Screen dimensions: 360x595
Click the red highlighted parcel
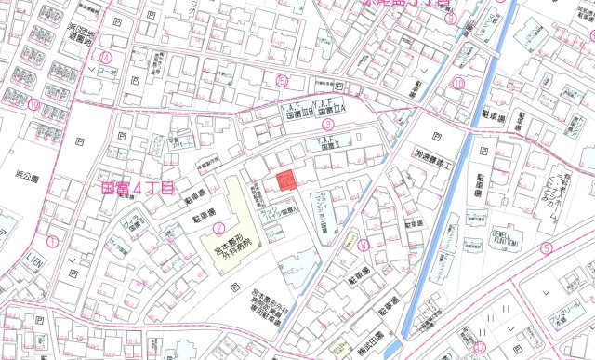287,180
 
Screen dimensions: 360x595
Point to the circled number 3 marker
327,123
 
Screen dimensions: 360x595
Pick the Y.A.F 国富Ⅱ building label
333,142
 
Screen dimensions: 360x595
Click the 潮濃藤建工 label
432,154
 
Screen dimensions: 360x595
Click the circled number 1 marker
52,241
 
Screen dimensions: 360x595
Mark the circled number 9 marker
450,18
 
